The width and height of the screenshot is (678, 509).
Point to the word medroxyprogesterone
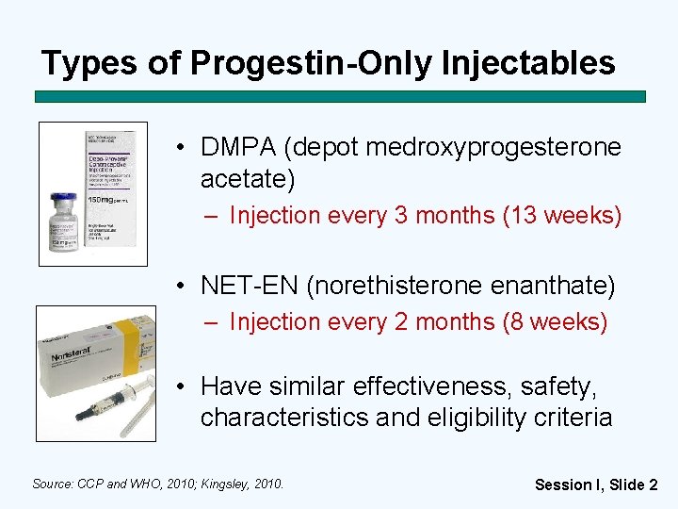pyautogui.click(x=492, y=148)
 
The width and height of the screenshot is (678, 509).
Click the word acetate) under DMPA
pyautogui.click(x=248, y=178)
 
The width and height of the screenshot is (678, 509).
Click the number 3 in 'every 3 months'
pyautogui.click(x=401, y=216)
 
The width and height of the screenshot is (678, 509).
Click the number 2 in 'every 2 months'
pyautogui.click(x=401, y=322)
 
